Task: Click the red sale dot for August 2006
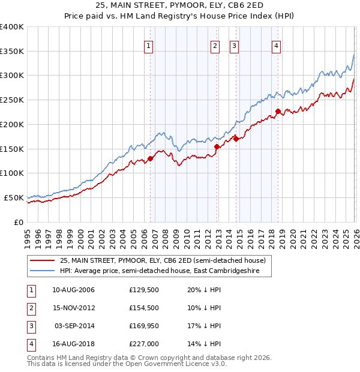151,158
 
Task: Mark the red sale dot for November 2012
217,146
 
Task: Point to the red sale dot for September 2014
236,139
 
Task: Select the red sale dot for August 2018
278,111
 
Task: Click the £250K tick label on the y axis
11,100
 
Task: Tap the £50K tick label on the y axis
13,197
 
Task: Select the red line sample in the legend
43,260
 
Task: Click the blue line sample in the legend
43,271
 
